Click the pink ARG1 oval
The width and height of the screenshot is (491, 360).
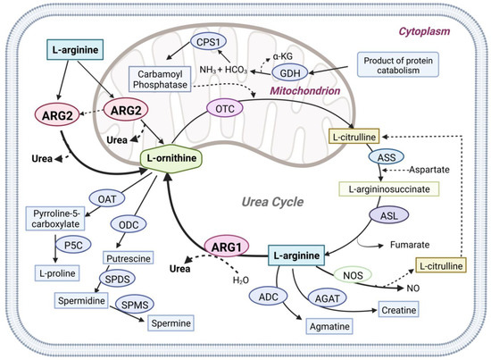pyautogui.click(x=226, y=243)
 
